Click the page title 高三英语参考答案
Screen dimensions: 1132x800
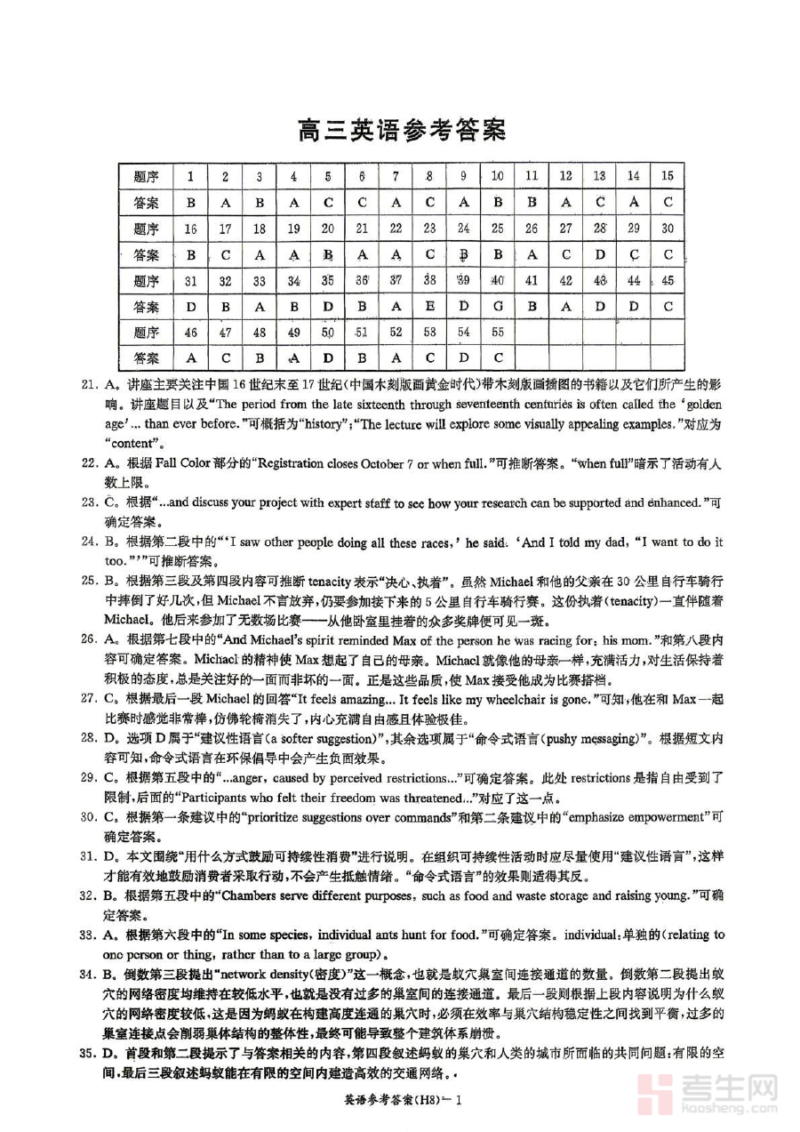point(402,131)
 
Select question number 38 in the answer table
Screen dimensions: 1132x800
point(429,281)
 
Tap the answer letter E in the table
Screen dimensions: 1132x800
point(429,307)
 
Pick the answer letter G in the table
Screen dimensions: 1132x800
point(497,307)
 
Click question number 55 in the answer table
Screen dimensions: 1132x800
point(497,333)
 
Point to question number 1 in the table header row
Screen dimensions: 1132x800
point(190,177)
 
